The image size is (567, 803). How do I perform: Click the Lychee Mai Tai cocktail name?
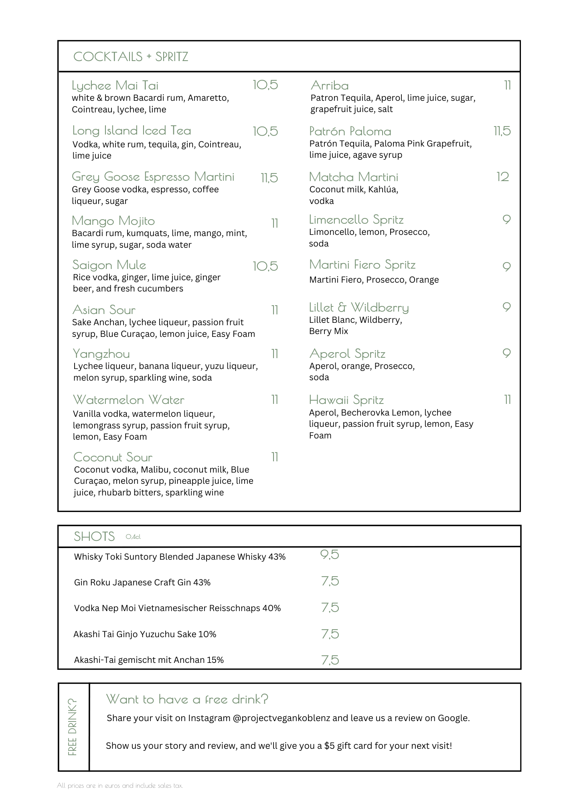115,86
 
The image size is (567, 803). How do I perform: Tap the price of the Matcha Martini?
502,177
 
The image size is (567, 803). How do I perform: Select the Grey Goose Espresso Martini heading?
153,177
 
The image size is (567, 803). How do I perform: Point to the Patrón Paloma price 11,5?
502,131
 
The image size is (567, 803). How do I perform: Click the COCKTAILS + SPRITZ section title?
131,57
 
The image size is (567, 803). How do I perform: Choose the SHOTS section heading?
94,536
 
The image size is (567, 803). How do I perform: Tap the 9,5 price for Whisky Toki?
330,554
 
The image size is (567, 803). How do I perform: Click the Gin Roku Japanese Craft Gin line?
142,582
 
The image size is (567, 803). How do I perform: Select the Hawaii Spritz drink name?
346,400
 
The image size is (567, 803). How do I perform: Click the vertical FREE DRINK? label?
73,727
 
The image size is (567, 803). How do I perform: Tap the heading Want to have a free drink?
187,699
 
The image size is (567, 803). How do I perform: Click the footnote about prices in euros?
120,785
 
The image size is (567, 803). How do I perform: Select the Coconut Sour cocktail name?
113,457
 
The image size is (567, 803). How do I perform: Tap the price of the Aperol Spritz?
506,353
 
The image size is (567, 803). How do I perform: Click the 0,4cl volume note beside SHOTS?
133,537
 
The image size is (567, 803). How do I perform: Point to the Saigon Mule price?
265,266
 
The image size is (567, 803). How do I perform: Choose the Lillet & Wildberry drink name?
359,308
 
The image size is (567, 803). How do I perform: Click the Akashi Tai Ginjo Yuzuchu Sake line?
145,634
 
